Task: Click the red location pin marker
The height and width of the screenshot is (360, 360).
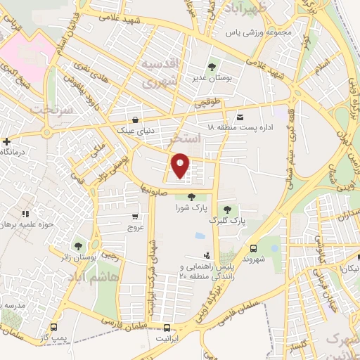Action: click(181, 165)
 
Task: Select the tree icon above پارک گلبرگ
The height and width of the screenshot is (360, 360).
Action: click(226, 209)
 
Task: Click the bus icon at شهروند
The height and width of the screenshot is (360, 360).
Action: click(254, 247)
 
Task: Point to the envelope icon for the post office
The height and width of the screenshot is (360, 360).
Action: click(241, 116)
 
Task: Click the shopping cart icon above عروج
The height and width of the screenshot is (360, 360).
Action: click(134, 217)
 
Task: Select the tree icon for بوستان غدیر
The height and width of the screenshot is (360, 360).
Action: click(212, 66)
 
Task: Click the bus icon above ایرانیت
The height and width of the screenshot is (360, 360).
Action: click(167, 327)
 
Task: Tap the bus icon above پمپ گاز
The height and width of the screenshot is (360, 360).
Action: click(54, 327)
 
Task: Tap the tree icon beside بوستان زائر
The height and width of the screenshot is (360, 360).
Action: click(77, 246)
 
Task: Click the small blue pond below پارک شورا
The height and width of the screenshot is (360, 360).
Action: click(200, 236)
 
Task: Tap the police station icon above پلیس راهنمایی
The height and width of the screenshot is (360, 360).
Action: click(207, 257)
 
